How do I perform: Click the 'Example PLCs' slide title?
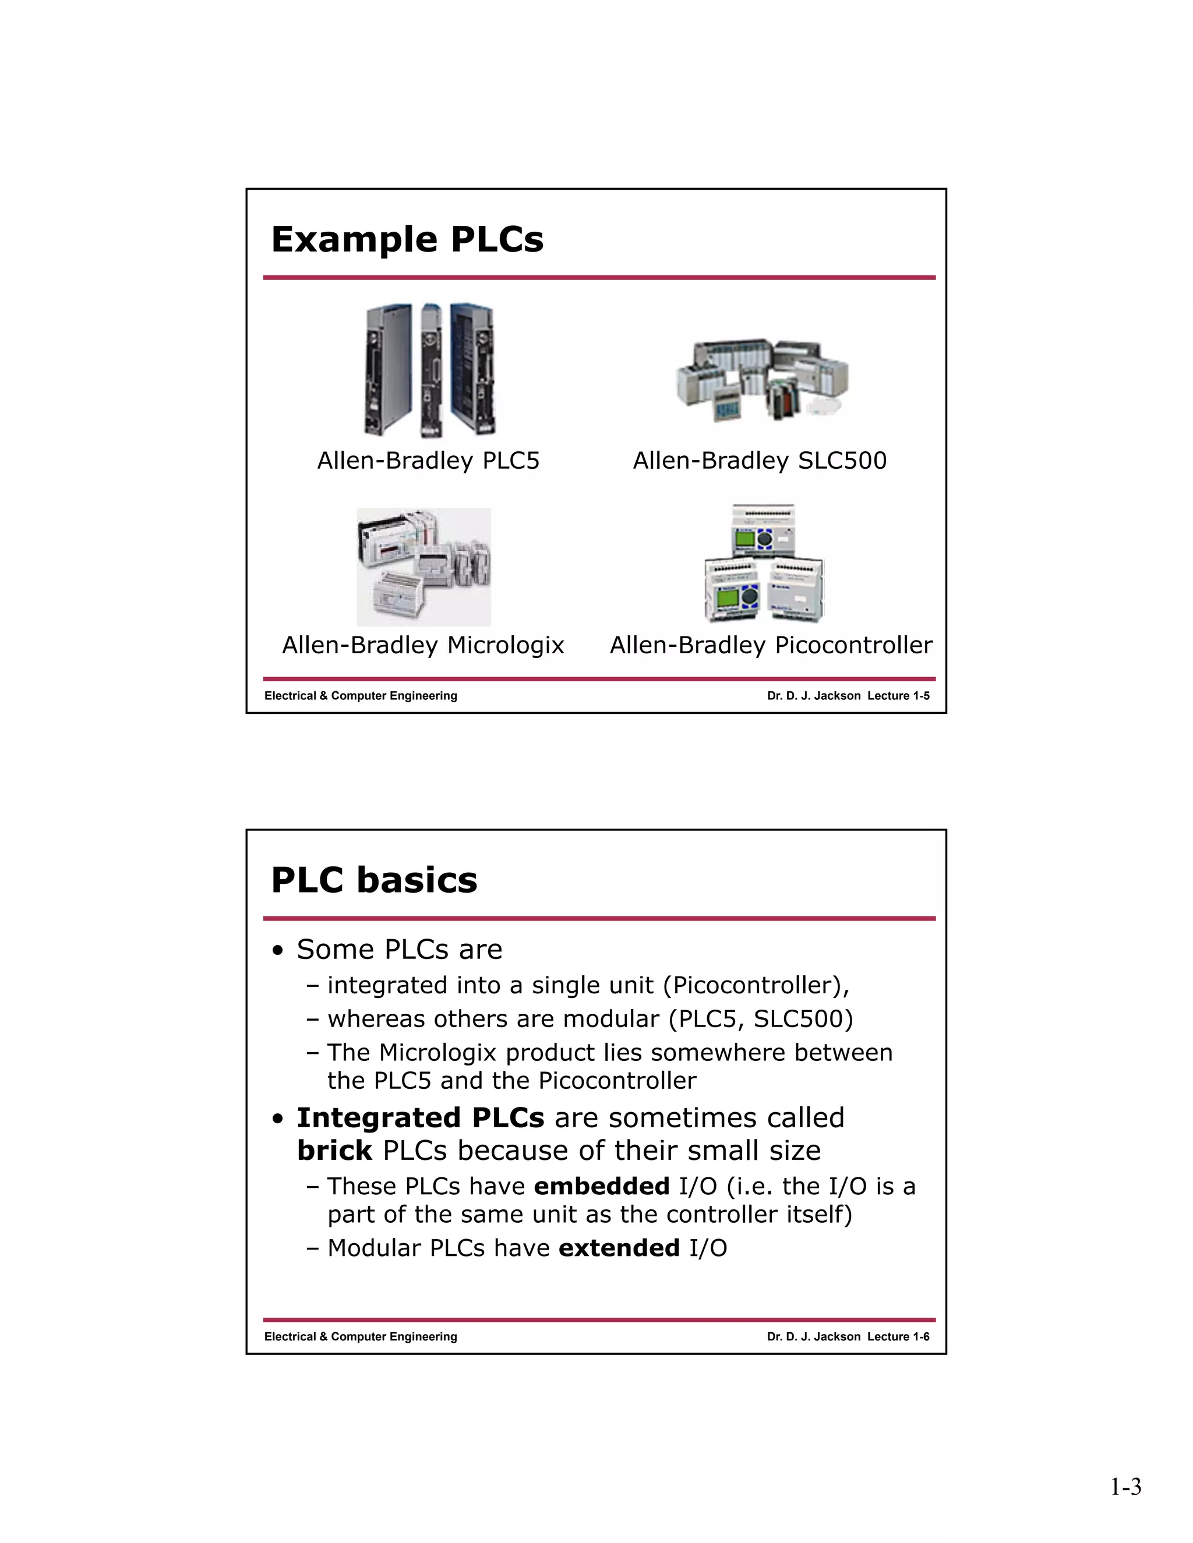coord(407,239)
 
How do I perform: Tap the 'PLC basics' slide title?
coord(374,880)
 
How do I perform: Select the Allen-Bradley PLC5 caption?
coord(428,461)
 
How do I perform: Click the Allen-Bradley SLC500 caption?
coord(759,461)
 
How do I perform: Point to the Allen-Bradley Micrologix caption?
coord(423,645)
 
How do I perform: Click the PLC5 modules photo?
coord(429,370)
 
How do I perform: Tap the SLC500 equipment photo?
coord(762,380)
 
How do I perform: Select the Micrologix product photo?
coord(423,567)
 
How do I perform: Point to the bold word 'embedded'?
coord(601,1186)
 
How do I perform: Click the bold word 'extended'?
coord(619,1248)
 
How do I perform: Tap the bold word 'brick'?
coord(334,1151)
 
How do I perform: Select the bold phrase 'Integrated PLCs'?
coord(421,1118)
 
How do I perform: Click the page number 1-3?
coord(1125,1487)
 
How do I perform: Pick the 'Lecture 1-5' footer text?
coord(898,696)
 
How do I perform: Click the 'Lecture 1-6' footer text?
coord(898,1337)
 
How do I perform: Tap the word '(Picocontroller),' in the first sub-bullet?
coord(756,986)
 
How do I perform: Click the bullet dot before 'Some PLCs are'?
coord(278,951)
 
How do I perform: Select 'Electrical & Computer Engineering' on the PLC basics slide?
coord(361,1337)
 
